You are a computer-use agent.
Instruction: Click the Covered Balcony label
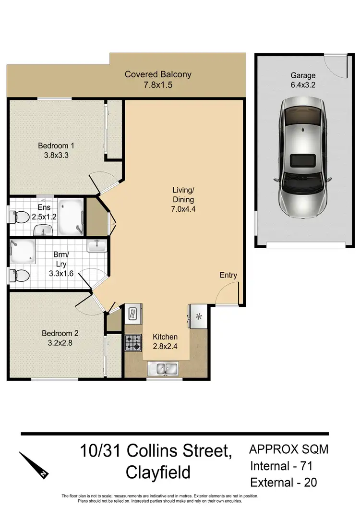(158, 74)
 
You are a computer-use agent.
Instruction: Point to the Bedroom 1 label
(56, 145)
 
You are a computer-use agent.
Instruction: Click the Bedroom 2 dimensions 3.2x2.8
(60, 343)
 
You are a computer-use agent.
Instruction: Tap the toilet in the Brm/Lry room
(20, 276)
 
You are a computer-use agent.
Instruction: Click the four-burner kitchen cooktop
(133, 342)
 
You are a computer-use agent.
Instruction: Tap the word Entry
(228, 275)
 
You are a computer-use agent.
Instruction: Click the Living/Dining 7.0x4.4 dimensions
(184, 209)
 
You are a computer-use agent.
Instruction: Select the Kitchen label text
(165, 337)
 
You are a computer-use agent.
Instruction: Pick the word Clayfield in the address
(158, 472)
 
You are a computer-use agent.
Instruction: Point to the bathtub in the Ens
(70, 217)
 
